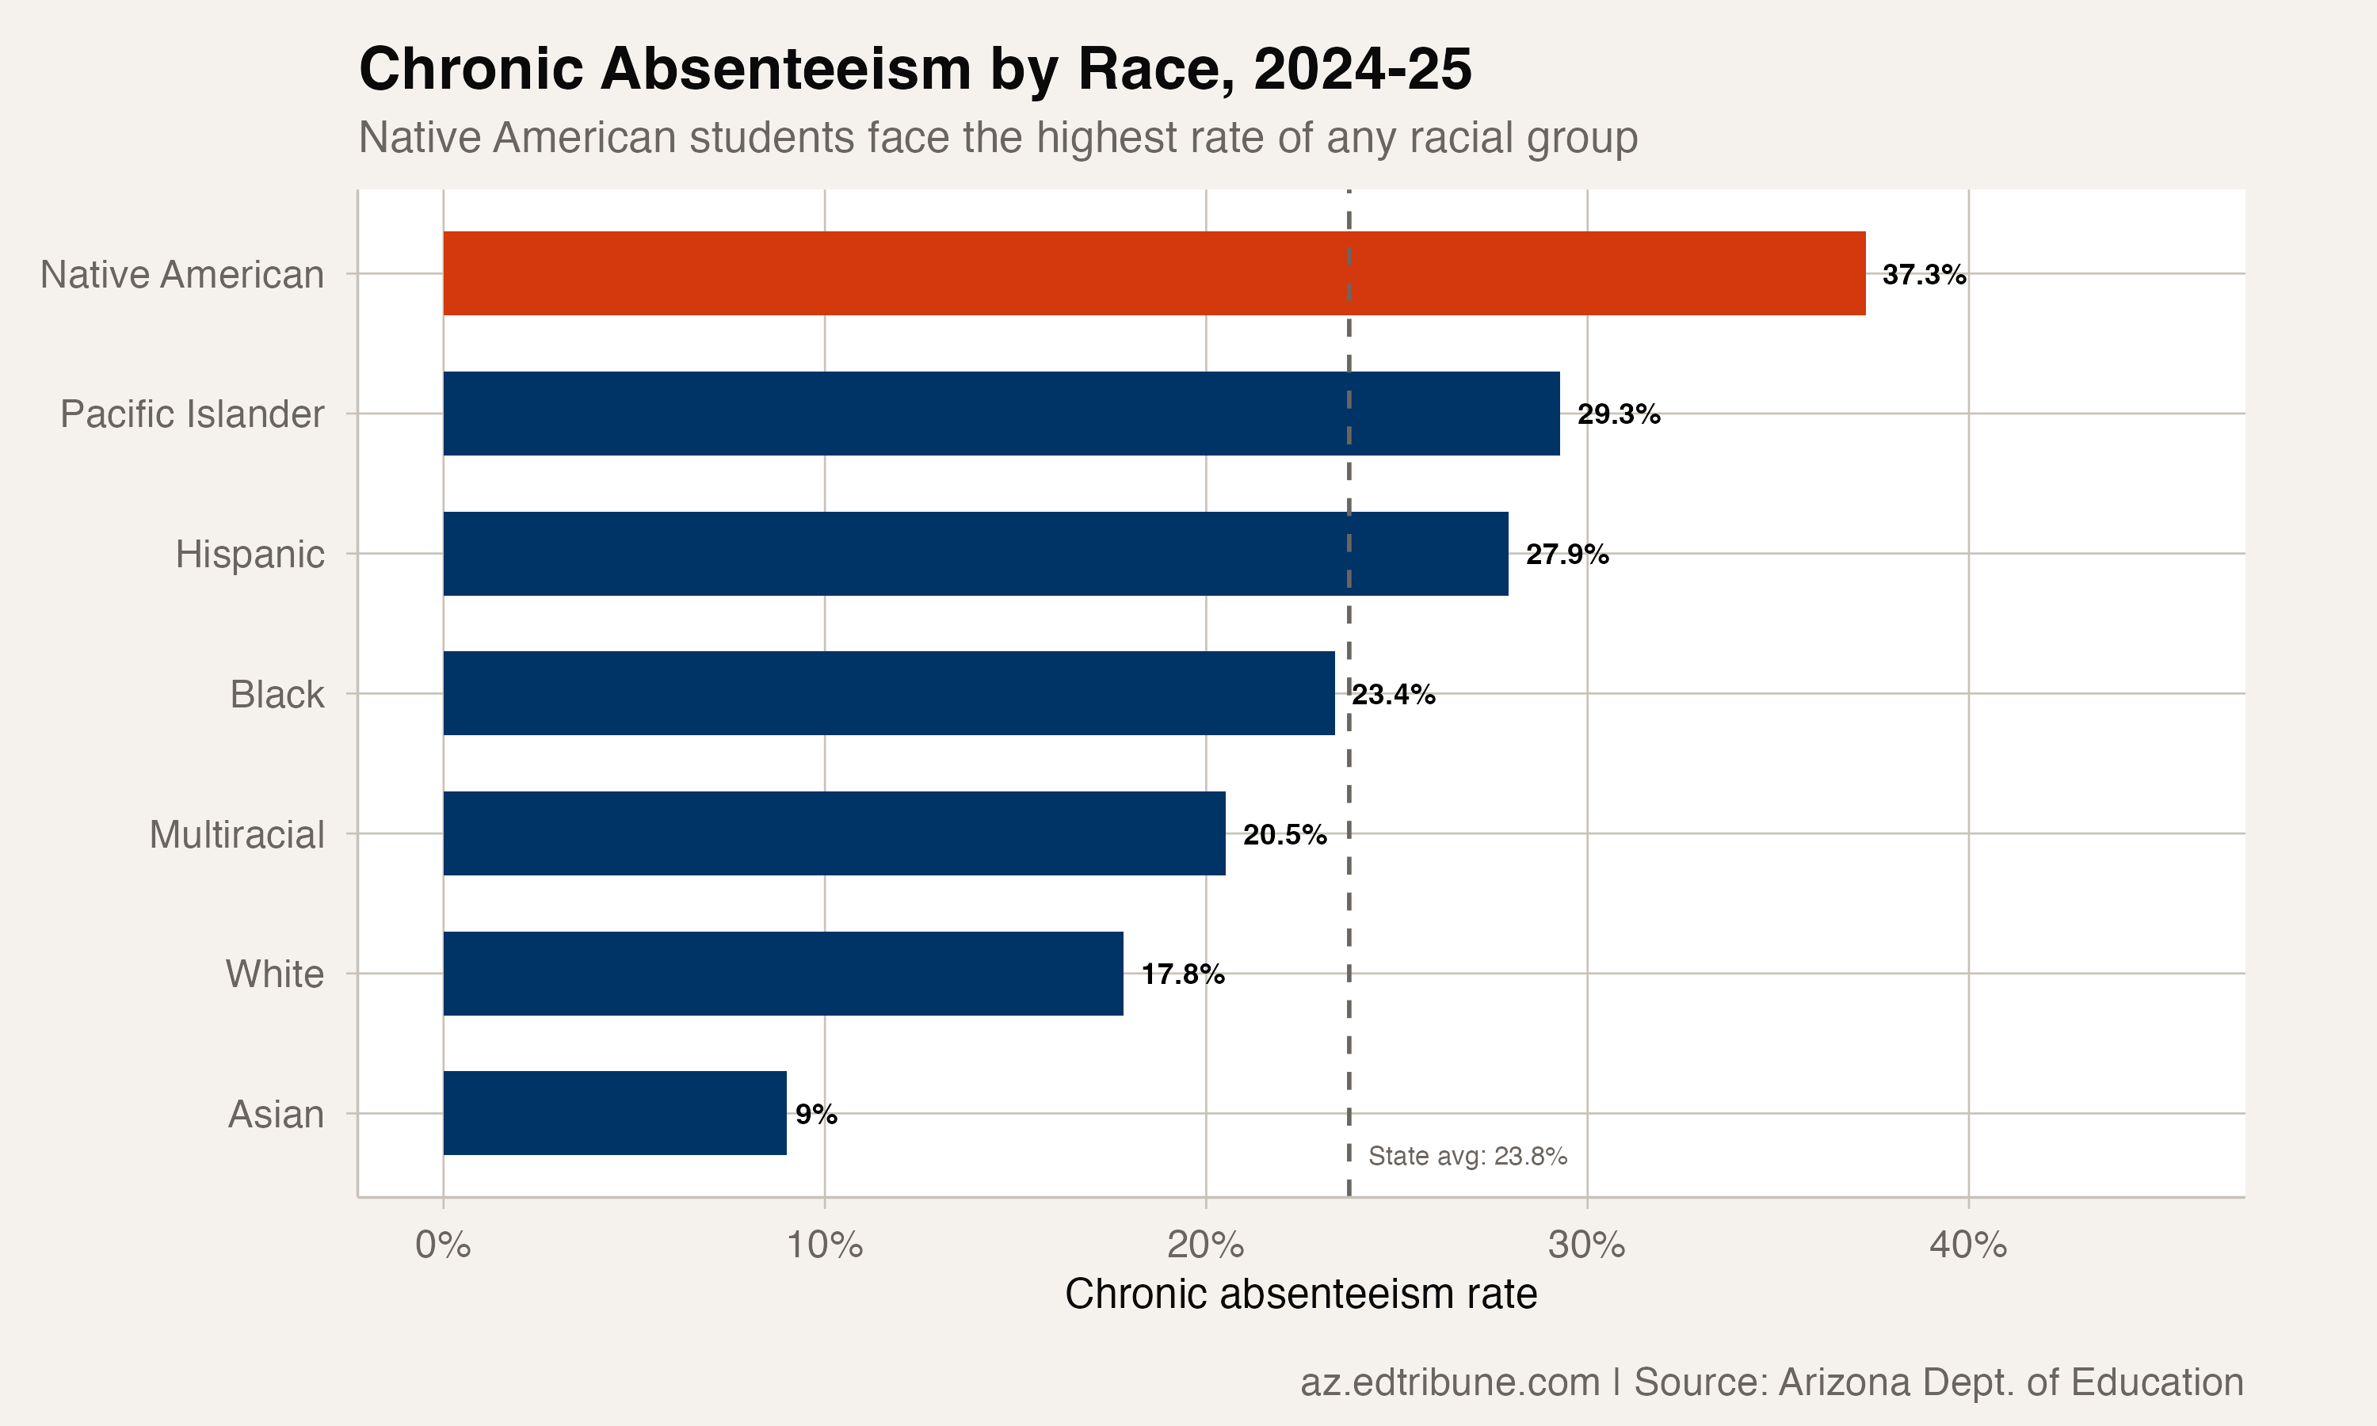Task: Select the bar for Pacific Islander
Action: [x=999, y=414]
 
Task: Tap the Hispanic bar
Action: [x=975, y=554]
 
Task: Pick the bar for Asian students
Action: [x=615, y=1113]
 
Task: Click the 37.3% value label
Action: [x=1924, y=275]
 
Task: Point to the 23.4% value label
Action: [x=1393, y=695]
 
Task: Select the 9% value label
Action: [x=816, y=1115]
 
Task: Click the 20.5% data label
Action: [x=1284, y=835]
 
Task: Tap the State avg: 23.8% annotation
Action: [x=1467, y=1156]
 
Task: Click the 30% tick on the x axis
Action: [x=1586, y=1245]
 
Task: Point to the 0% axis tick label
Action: [x=443, y=1245]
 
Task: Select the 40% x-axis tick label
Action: [x=1967, y=1245]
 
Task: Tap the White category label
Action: [x=275, y=974]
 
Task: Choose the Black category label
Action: [x=277, y=695]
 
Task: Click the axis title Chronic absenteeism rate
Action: [x=1301, y=1294]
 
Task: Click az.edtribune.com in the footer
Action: [x=1449, y=1382]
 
